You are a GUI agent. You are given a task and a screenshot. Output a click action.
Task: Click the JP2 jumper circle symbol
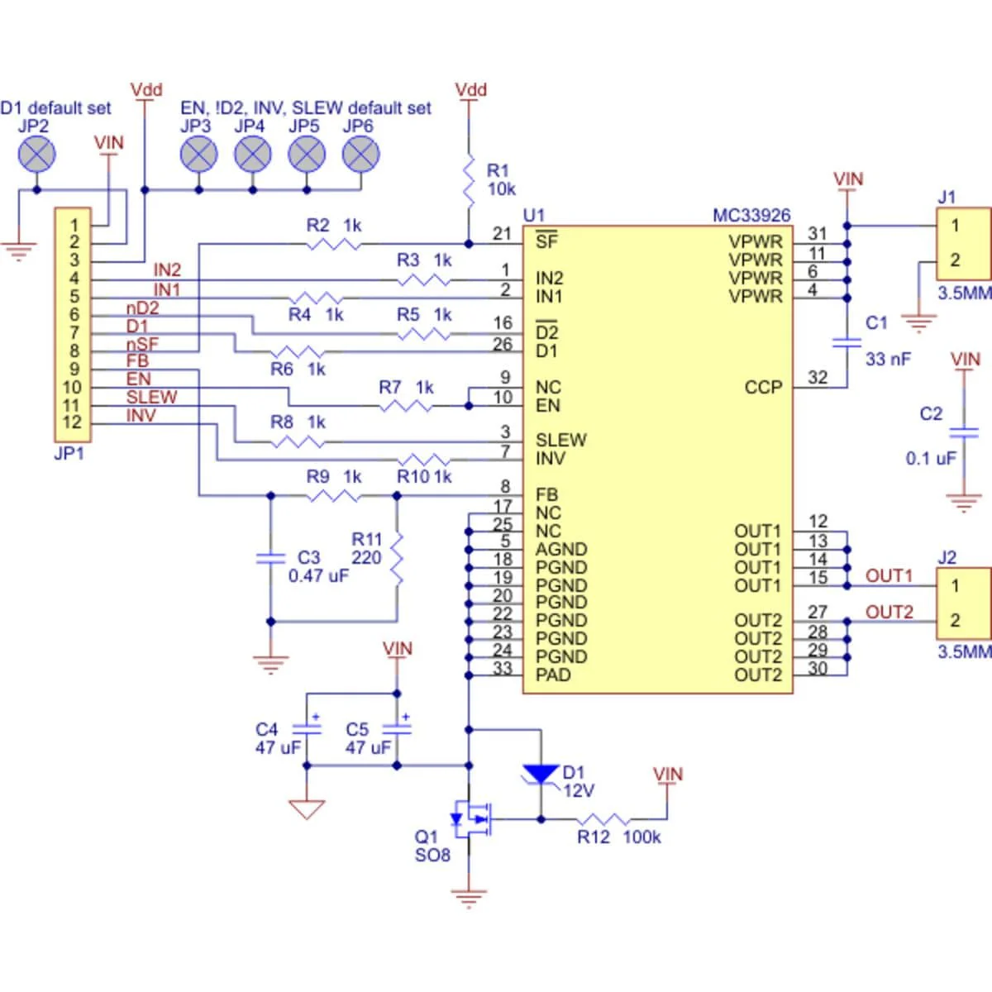tap(36, 154)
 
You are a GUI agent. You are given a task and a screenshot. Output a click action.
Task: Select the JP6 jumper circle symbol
tap(360, 154)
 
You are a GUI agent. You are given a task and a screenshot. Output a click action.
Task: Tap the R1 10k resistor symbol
tap(469, 180)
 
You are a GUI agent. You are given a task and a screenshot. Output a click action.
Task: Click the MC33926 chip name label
tap(751, 216)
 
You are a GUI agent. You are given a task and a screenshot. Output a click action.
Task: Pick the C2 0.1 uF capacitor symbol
tap(964, 432)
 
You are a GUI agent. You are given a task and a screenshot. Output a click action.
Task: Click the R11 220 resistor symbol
tap(397, 558)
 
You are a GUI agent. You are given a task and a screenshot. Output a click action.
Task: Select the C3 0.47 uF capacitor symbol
tap(270, 559)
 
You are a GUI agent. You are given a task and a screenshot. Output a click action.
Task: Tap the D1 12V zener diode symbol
tap(541, 774)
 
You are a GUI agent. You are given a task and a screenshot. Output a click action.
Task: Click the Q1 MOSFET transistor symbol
tap(471, 818)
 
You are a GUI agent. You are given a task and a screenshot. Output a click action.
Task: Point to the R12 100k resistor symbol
tap(603, 820)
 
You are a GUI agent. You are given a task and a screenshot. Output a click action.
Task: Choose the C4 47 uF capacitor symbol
tap(307, 729)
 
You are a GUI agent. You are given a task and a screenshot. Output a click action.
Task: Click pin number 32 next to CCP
tap(817, 378)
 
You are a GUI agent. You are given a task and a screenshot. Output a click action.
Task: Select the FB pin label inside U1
tap(546, 495)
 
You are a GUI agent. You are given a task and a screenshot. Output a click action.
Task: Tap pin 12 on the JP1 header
tap(74, 423)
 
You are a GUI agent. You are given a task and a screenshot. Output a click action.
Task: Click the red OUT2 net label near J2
tap(889, 612)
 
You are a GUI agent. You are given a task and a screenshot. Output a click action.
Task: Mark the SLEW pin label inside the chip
tap(560, 441)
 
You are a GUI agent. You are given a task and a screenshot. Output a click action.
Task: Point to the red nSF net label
tap(142, 344)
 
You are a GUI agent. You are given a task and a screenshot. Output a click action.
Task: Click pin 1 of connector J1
tap(955, 225)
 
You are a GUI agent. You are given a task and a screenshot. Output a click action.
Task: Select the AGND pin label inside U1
tap(561, 550)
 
